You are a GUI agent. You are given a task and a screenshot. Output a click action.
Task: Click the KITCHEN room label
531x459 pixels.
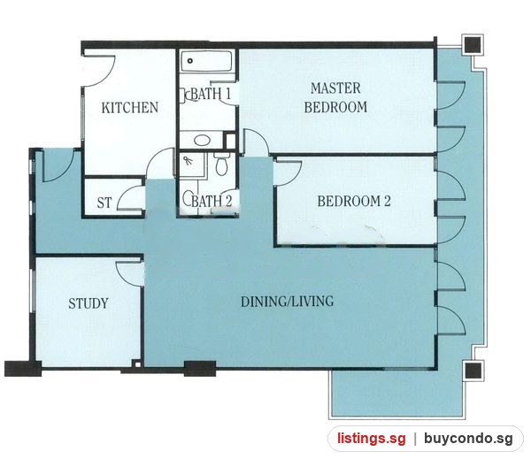click(x=130, y=108)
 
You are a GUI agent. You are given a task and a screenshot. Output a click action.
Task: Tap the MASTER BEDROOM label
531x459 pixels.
click(x=335, y=97)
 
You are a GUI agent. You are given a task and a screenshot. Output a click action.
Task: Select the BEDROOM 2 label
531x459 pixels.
click(x=354, y=201)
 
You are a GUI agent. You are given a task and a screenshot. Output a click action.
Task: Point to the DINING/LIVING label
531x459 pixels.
click(x=287, y=302)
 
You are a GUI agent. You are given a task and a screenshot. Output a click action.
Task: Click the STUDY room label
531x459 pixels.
click(x=88, y=303)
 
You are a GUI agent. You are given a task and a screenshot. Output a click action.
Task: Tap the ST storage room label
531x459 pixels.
click(x=104, y=203)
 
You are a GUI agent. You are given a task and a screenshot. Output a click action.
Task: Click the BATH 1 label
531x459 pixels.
click(x=212, y=94)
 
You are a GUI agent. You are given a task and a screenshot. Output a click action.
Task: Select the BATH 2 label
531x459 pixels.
click(x=212, y=201)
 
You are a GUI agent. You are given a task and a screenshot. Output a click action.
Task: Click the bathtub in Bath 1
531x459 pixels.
click(x=206, y=61)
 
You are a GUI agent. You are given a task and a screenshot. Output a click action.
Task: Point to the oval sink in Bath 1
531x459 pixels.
click(x=202, y=140)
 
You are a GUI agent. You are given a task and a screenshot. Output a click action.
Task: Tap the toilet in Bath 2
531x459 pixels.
click(x=222, y=164)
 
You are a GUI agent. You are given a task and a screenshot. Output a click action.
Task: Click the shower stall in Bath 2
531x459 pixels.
click(x=192, y=164)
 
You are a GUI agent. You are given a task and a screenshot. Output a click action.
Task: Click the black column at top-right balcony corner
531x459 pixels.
click(x=473, y=43)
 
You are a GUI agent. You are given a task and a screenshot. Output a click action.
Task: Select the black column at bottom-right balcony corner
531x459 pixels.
click(x=473, y=370)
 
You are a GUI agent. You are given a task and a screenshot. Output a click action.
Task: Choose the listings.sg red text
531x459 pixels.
click(x=371, y=439)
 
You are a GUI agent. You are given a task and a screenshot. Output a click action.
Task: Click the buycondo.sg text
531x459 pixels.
click(x=469, y=439)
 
